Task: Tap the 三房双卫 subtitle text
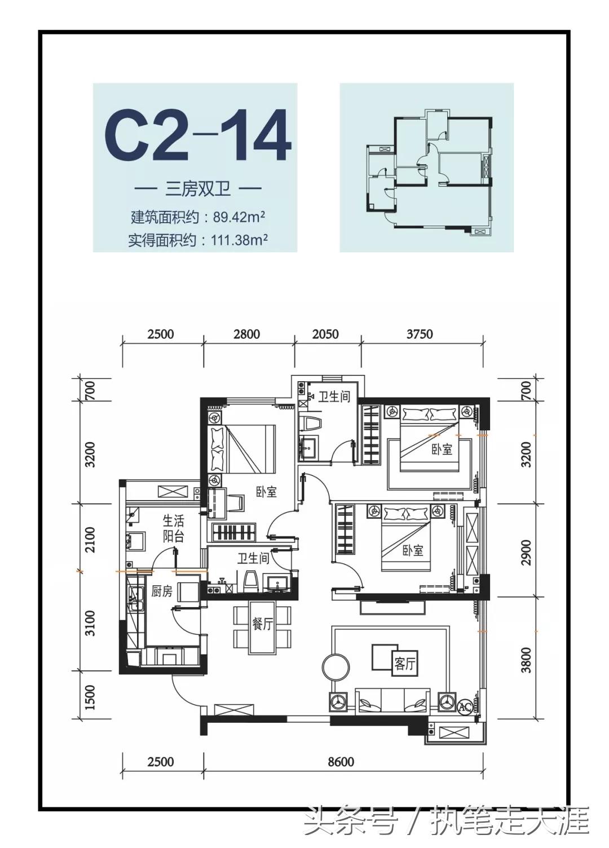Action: [x=197, y=188]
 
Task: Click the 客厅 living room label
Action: [x=404, y=664]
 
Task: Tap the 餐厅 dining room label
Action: [x=263, y=624]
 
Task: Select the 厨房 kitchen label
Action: [x=162, y=591]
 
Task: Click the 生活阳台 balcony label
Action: [x=173, y=528]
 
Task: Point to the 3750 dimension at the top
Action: [x=420, y=334]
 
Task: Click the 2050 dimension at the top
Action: [x=325, y=334]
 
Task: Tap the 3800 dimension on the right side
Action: [x=526, y=660]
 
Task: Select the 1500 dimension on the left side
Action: [x=90, y=697]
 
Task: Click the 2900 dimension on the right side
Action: [x=526, y=552]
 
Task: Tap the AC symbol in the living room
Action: [x=465, y=706]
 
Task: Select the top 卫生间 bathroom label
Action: [x=334, y=397]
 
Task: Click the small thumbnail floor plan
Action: [x=427, y=167]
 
